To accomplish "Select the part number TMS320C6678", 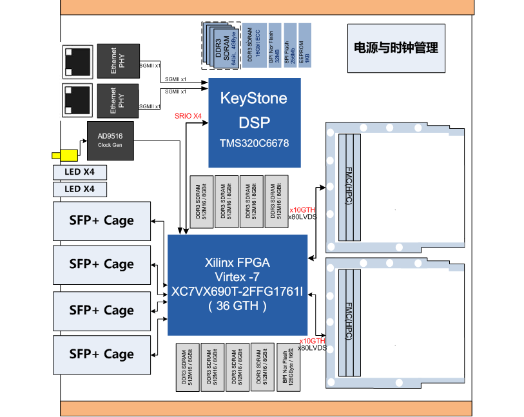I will (254, 143).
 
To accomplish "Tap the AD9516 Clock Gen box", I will (110, 141).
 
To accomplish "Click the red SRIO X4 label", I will (189, 116).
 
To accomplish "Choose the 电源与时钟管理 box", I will (396, 48).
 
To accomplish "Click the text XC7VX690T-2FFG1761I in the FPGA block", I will (237, 291).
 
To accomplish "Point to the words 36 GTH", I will (237, 306).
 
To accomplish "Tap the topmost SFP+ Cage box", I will (101, 220).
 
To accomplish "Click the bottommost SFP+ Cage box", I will (101, 354).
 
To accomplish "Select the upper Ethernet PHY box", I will (115, 61).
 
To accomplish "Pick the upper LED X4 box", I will (80, 172).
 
